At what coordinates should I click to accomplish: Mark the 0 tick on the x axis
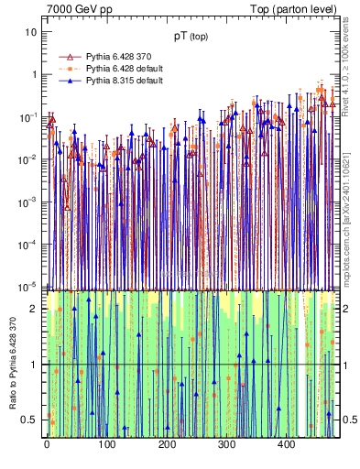pyautogui.click(x=47, y=444)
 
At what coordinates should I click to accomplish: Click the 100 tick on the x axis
pyautogui.click(x=106, y=444)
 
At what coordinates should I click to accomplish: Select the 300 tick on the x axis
pyautogui.click(x=226, y=444)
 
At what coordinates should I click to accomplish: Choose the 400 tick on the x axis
pyautogui.click(x=286, y=444)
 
